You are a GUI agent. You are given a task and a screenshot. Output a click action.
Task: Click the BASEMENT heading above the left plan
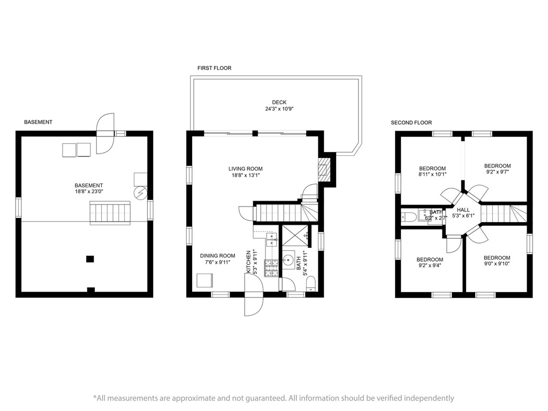tap(38, 122)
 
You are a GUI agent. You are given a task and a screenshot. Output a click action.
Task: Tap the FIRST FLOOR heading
tap(214, 68)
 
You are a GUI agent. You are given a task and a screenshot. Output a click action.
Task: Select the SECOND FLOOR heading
tap(412, 123)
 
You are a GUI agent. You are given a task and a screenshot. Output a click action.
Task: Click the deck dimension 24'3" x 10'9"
tap(279, 109)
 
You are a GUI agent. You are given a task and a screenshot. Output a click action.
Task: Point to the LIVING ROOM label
tap(245, 169)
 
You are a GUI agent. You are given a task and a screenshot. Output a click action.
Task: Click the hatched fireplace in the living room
tap(324, 170)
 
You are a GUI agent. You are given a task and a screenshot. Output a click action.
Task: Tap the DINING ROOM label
tap(217, 256)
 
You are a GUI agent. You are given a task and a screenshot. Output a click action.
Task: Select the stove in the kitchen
tap(272, 269)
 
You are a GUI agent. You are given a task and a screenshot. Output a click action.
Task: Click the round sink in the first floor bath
tap(288, 260)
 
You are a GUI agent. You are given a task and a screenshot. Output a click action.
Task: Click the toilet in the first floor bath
tap(311, 284)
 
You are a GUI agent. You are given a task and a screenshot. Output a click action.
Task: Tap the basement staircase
tap(110, 212)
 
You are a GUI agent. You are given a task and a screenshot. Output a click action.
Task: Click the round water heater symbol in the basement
tap(141, 193)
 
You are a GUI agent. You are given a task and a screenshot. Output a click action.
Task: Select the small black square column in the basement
tap(90, 259)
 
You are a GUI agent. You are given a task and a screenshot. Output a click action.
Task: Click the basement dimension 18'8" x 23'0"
tap(89, 192)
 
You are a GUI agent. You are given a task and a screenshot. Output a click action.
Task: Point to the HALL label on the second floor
tap(463, 210)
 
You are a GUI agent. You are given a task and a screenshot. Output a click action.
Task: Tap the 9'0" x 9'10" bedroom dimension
tap(497, 264)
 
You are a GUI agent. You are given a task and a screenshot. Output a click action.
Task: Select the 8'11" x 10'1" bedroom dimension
tap(432, 174)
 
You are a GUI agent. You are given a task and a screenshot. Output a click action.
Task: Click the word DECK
tap(279, 102)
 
